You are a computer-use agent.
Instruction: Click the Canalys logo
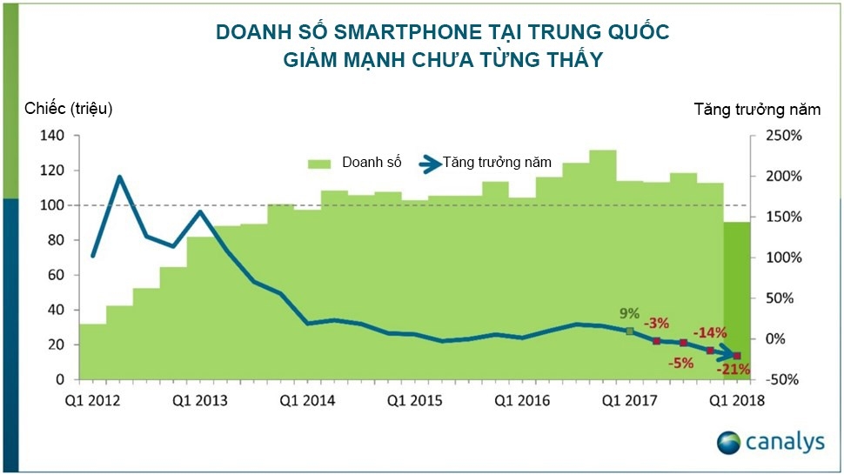tap(770, 442)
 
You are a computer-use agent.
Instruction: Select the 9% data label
tap(629, 313)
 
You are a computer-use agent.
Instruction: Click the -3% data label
tap(657, 324)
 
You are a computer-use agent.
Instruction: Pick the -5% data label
tap(681, 362)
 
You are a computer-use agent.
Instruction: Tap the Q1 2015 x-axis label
tap(415, 400)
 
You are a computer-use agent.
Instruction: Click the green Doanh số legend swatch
tap(320, 163)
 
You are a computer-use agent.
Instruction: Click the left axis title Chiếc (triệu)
tap(69, 109)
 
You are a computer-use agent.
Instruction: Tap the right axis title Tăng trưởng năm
tap(757, 109)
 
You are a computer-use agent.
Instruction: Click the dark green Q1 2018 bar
tap(738, 300)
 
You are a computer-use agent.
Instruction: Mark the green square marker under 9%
tap(629, 331)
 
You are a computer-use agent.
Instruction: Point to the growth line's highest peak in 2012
tap(120, 177)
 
